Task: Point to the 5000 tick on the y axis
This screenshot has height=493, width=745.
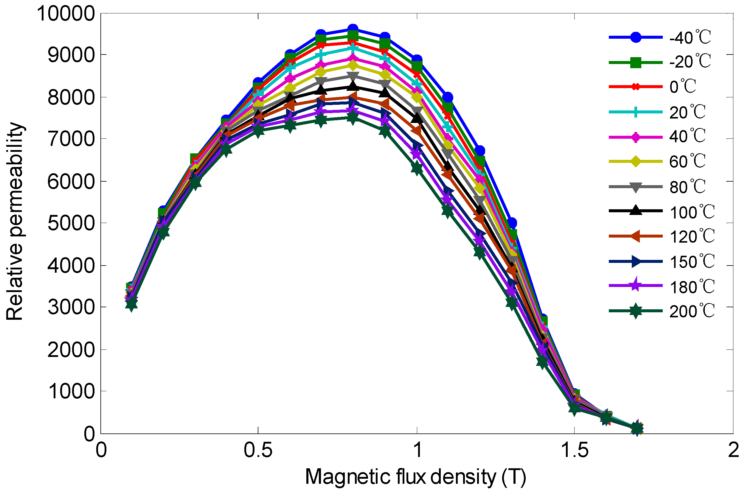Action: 71,223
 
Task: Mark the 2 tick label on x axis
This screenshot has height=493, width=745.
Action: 733,450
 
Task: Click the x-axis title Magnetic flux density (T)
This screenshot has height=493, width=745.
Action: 415,477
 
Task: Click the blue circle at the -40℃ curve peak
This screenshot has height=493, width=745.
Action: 353,29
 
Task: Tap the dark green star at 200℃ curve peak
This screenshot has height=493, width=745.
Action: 353,118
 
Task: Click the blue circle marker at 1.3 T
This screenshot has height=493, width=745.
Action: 512,223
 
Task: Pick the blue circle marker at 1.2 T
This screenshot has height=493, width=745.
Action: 480,151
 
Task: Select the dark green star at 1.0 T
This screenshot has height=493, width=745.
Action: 417,169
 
